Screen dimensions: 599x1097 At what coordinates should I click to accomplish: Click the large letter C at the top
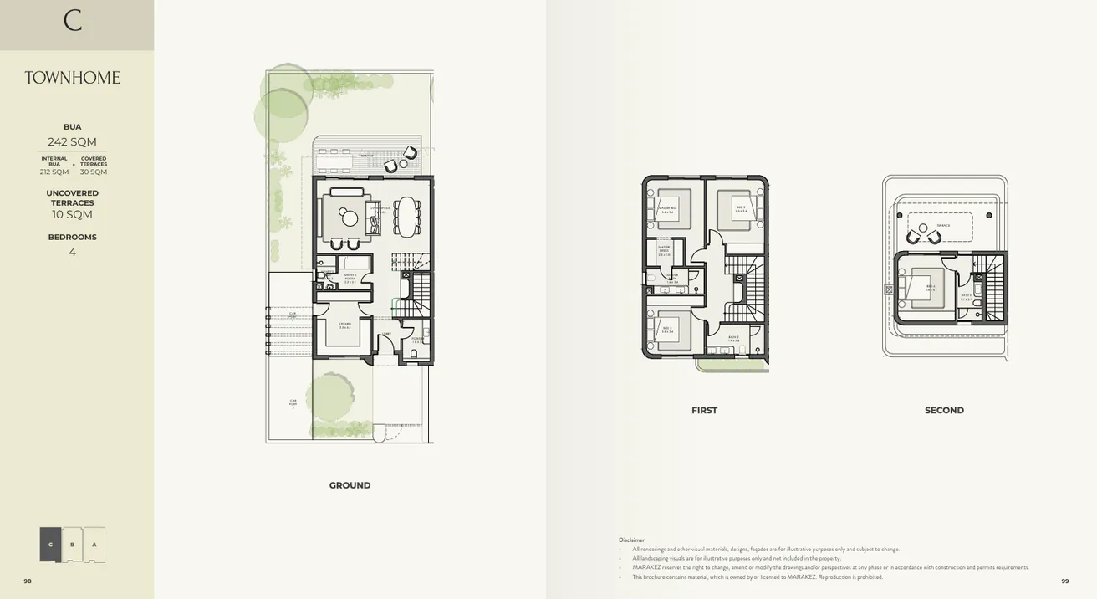click(x=73, y=20)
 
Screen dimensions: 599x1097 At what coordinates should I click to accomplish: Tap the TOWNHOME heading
click(x=72, y=78)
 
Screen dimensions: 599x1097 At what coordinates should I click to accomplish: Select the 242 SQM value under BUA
click(x=72, y=141)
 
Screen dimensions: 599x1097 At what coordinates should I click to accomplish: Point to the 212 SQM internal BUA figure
click(x=54, y=172)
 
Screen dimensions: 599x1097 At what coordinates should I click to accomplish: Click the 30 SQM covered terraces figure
click(x=94, y=172)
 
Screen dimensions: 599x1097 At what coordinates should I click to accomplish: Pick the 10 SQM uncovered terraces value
click(x=72, y=215)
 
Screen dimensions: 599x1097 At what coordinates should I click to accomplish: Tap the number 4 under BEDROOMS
click(x=72, y=252)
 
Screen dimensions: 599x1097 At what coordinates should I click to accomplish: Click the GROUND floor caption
click(x=350, y=485)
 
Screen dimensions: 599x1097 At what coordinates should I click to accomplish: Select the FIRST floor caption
click(x=704, y=410)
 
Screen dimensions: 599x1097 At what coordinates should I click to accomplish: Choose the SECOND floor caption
click(x=944, y=410)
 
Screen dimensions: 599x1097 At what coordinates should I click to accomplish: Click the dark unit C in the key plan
click(x=50, y=545)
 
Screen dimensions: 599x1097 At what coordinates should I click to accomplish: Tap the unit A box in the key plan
click(x=94, y=545)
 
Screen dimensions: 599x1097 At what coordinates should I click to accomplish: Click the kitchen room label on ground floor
click(x=344, y=325)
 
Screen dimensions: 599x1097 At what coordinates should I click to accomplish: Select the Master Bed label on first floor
click(x=667, y=209)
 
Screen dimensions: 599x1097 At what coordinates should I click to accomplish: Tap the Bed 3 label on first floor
click(x=667, y=330)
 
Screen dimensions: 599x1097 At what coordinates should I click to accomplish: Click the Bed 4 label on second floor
click(x=931, y=287)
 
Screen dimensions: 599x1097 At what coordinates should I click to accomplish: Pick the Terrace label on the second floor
click(x=943, y=225)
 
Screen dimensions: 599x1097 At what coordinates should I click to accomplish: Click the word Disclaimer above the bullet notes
click(x=631, y=540)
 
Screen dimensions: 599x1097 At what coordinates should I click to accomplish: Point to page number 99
click(x=1064, y=581)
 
